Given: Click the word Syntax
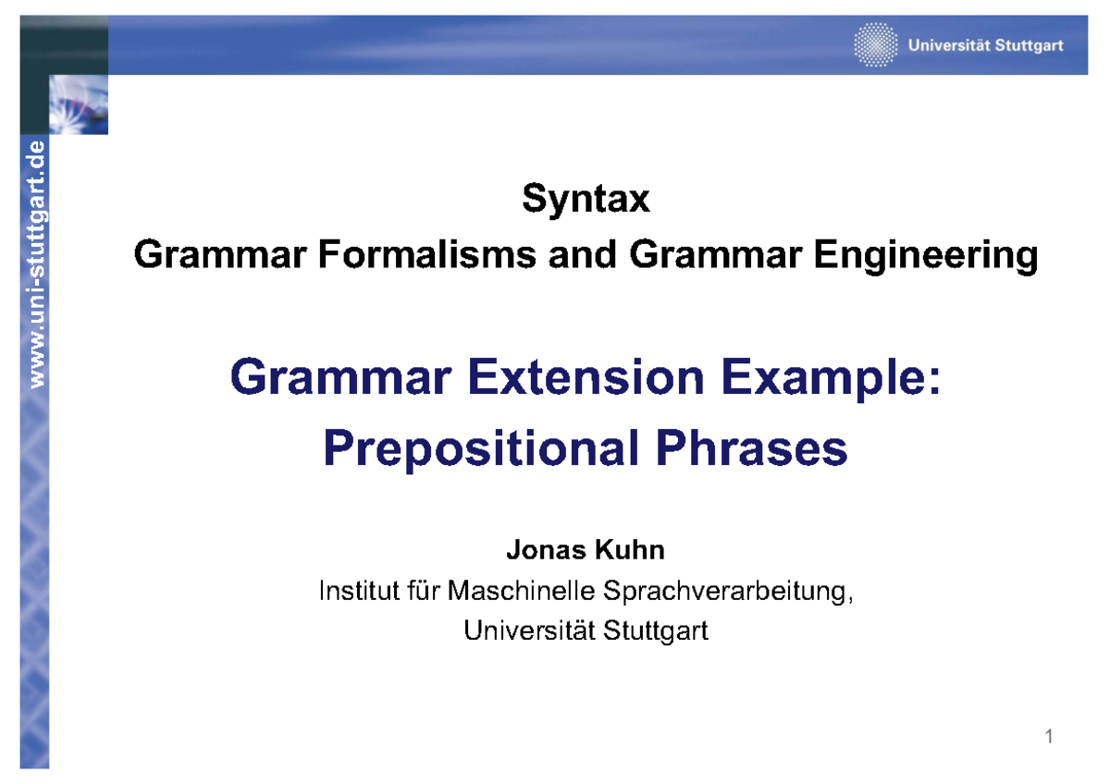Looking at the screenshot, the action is (x=586, y=200).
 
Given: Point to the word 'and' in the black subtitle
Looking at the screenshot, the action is (x=582, y=254).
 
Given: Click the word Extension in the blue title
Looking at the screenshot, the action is (x=586, y=377).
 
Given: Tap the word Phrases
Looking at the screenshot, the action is (x=752, y=448).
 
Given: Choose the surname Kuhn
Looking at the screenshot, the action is (x=630, y=550).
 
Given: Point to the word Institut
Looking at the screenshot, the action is (x=359, y=591).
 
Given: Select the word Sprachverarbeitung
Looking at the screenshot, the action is (x=729, y=593).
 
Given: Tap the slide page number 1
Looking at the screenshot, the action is (x=1049, y=737).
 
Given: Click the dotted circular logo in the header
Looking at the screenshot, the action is (x=876, y=44).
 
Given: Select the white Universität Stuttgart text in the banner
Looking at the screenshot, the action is (x=986, y=45).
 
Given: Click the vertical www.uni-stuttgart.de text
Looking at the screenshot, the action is (x=37, y=264).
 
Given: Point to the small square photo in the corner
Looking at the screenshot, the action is (x=79, y=104).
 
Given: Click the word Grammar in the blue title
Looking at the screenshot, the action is (x=340, y=377).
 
